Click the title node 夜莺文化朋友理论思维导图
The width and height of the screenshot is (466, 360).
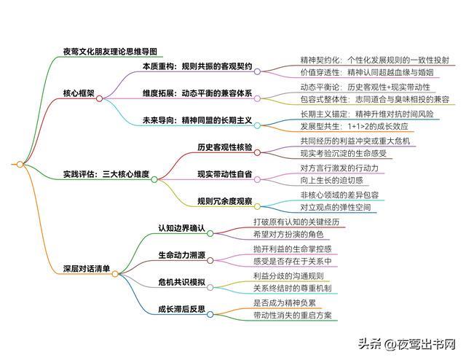coord(110,52)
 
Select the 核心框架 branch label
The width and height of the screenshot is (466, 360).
coord(80,94)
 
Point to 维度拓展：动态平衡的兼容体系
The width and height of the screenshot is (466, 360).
coord(197,94)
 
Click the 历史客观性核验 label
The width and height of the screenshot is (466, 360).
coord(225,147)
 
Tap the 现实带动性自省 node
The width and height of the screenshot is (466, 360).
coord(225,174)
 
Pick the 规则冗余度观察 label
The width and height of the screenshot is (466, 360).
coord(225,201)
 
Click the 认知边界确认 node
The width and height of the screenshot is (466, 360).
coord(182,228)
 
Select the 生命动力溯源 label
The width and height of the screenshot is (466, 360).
coord(182,255)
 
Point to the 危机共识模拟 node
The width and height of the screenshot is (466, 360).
coord(182,282)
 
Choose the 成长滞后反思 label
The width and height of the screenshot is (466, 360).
coord(182,309)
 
